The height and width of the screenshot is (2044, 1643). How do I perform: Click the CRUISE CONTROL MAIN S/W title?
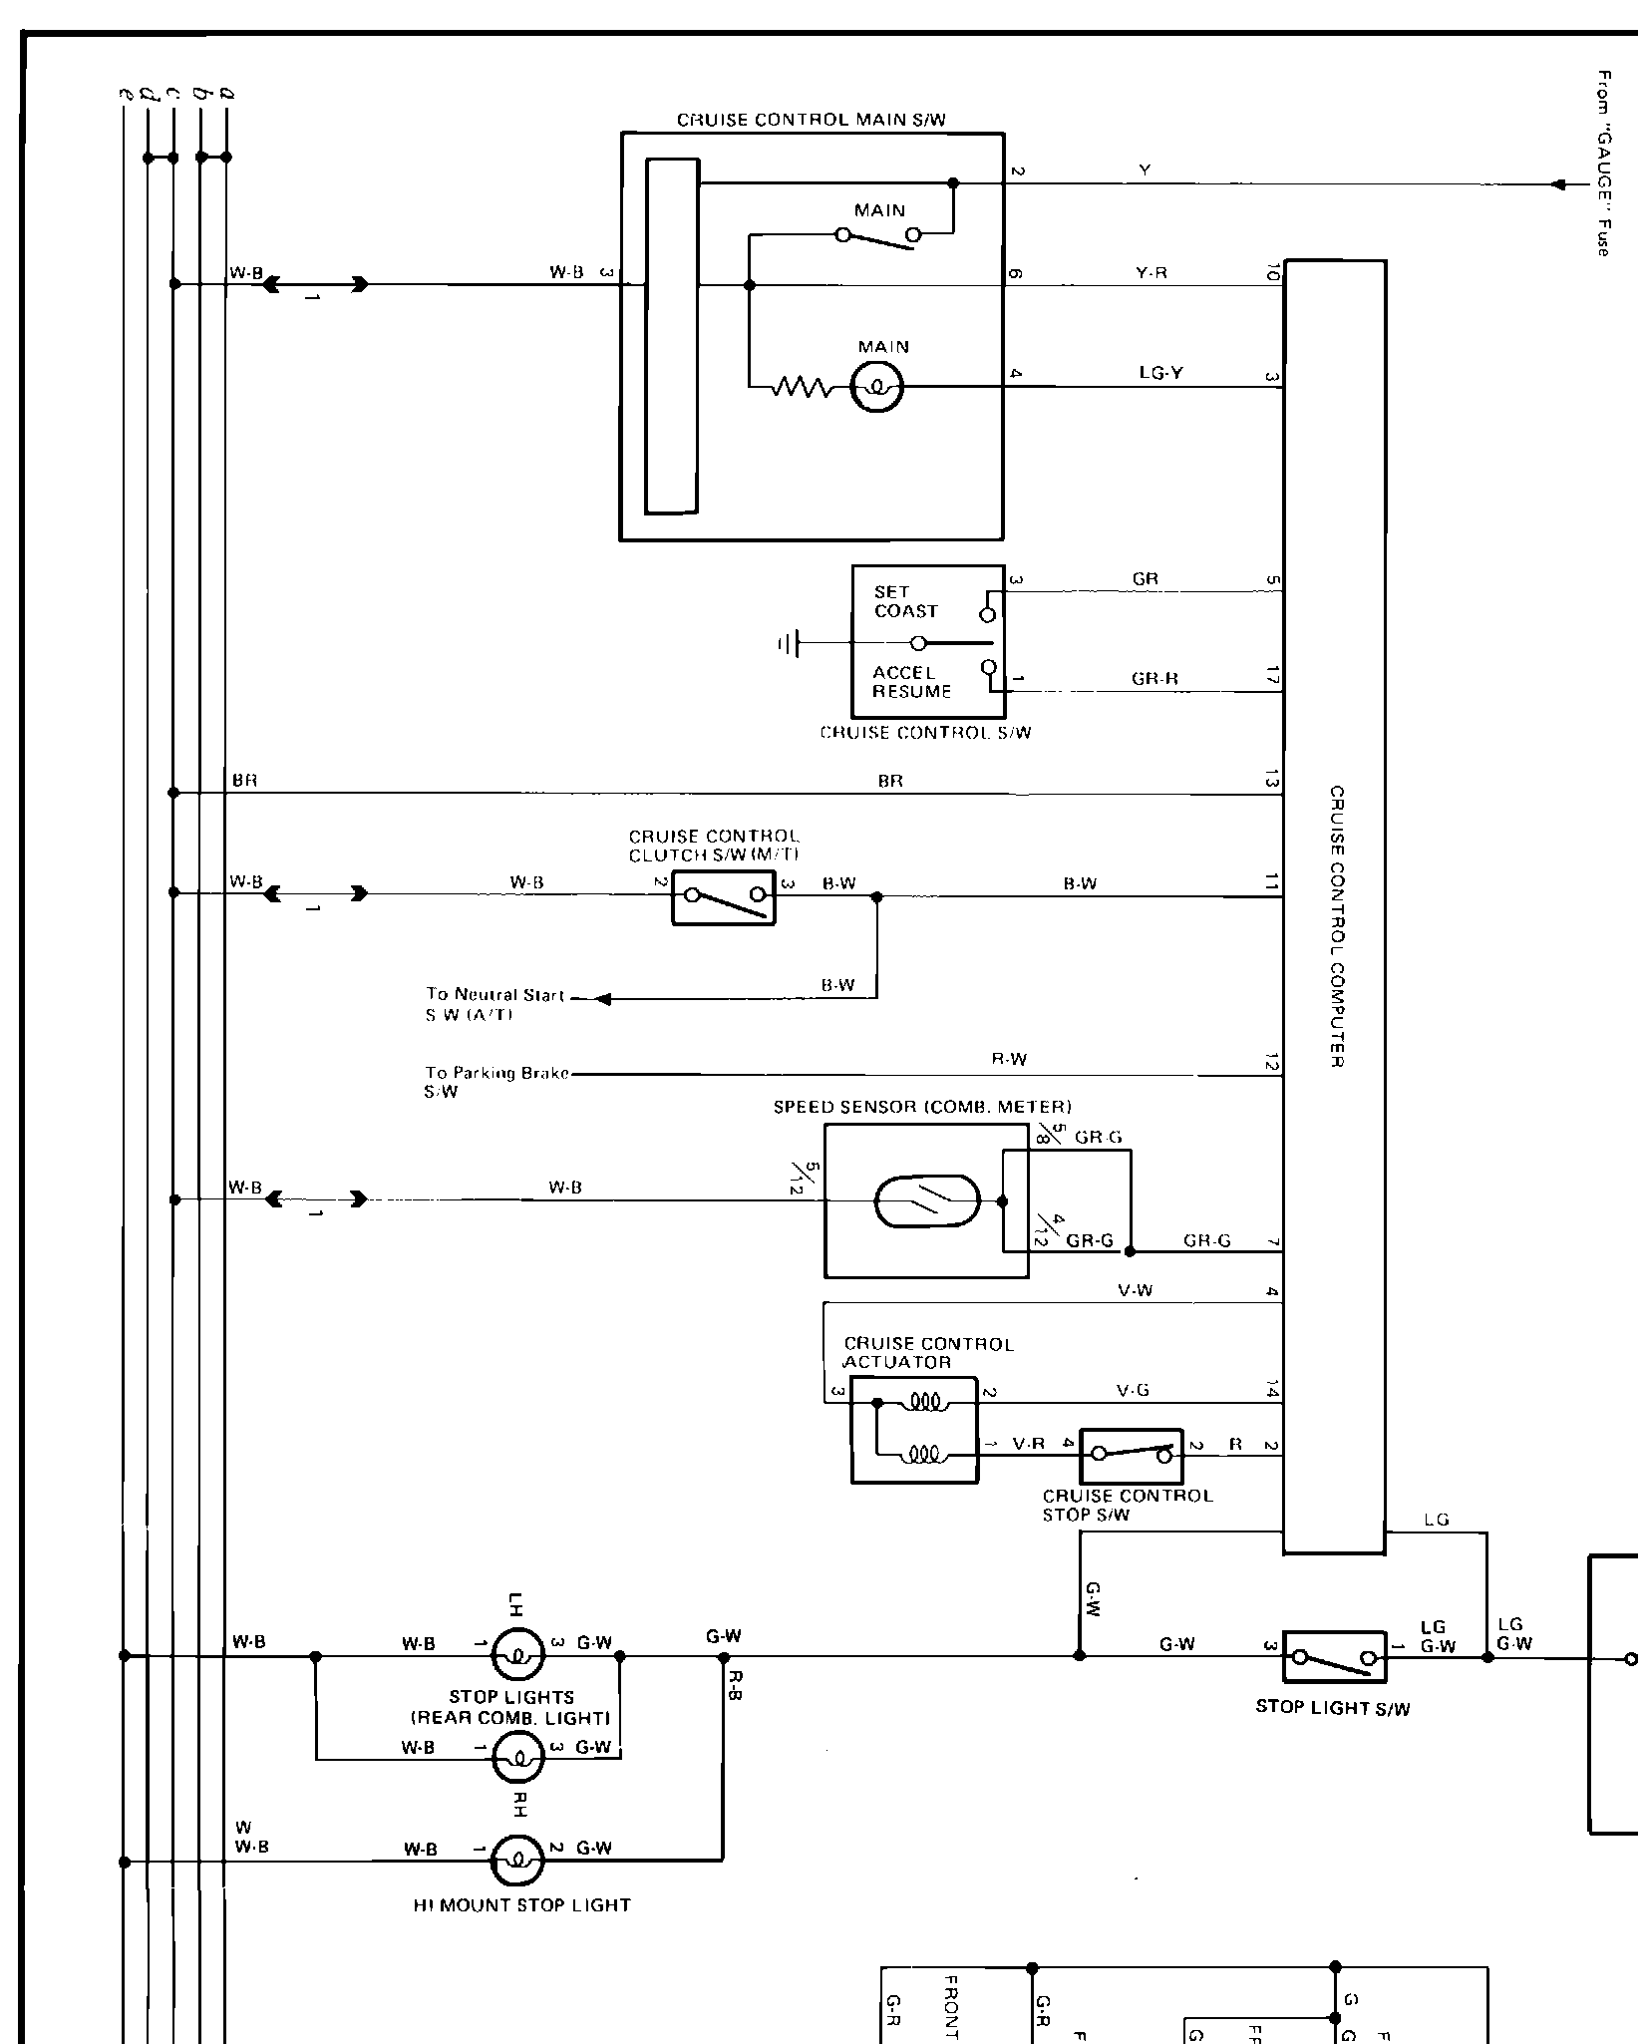[811, 121]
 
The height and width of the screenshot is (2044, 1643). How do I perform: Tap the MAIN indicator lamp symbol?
[877, 387]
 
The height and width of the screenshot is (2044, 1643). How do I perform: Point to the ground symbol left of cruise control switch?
[789, 644]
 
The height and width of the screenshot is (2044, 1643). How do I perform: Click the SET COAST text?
[905, 601]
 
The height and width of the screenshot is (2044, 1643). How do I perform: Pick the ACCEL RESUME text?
[911, 682]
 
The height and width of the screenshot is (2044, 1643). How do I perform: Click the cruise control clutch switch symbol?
[724, 898]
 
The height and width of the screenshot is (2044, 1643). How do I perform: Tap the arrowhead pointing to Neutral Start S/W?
[603, 999]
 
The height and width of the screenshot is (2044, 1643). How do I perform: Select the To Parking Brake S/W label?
[495, 1082]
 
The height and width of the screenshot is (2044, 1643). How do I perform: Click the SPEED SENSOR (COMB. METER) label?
[922, 1107]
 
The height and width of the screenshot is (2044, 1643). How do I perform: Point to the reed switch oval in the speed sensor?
[927, 1200]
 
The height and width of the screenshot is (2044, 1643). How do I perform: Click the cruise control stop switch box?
[1131, 1456]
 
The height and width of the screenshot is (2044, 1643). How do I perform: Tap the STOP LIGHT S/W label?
[1332, 1707]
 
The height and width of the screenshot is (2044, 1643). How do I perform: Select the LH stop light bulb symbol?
[518, 1656]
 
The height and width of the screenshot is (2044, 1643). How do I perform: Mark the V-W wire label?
[1135, 1291]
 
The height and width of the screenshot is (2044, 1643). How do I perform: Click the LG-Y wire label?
[1160, 374]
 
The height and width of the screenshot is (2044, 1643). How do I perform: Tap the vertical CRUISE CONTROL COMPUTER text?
[1337, 927]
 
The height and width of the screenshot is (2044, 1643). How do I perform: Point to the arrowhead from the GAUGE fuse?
[1558, 184]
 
